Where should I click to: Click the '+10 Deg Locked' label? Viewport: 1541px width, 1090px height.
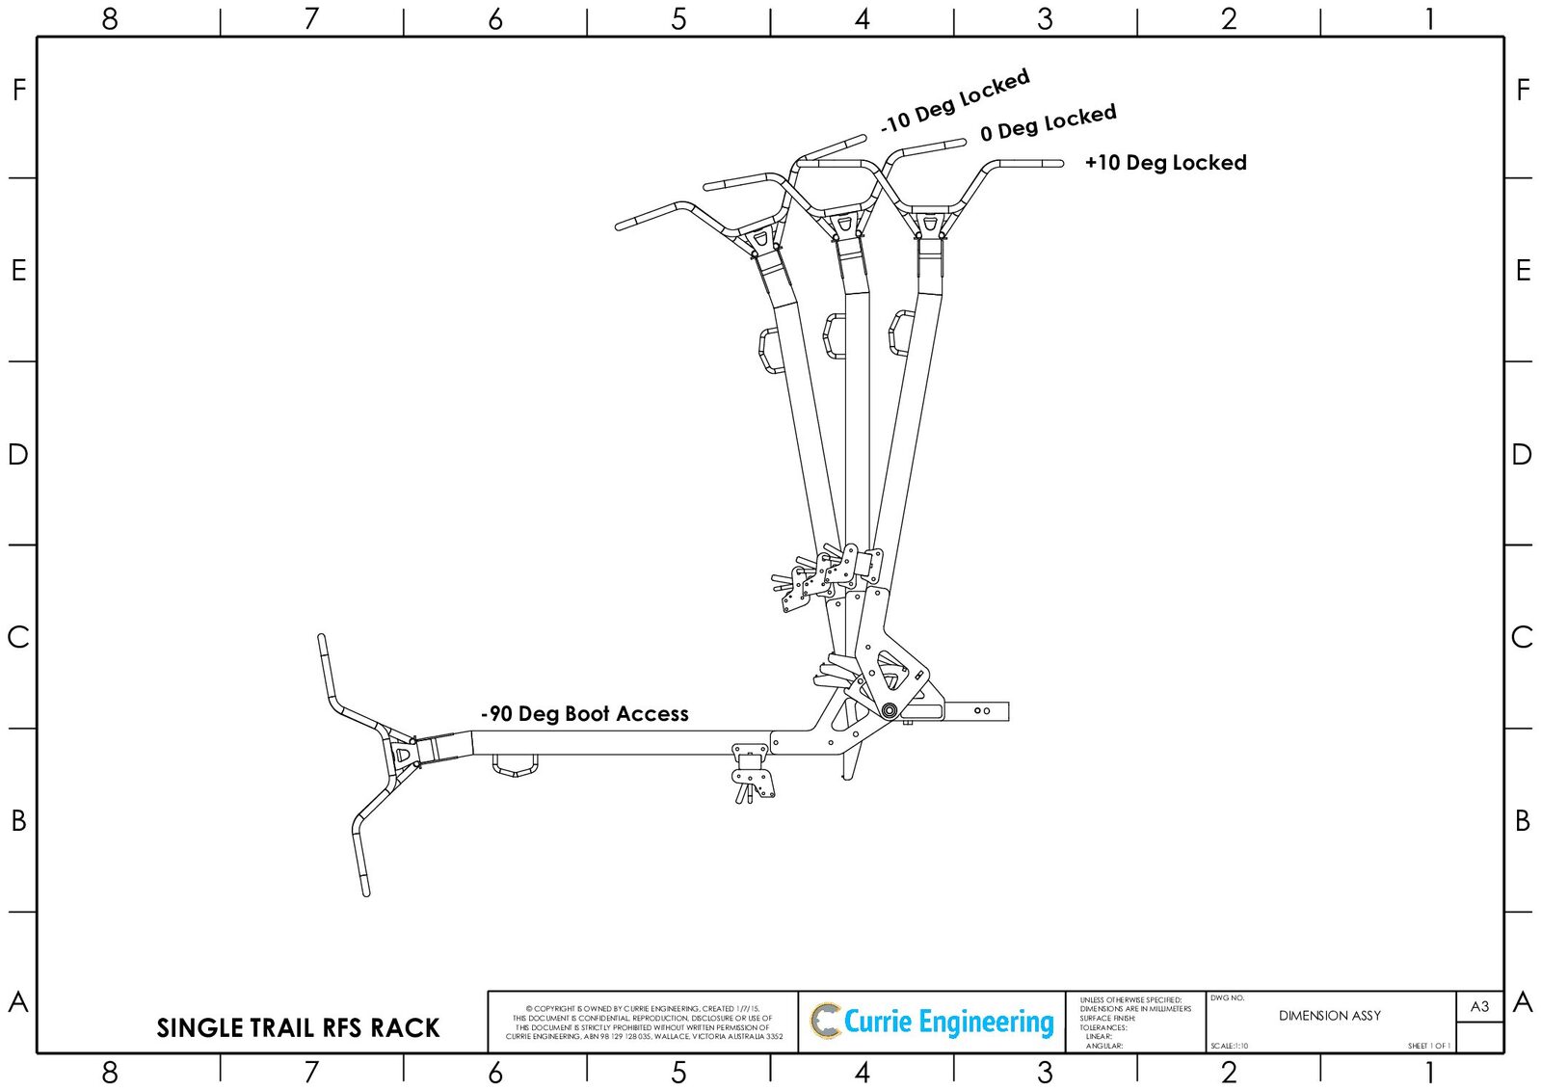[x=1165, y=163]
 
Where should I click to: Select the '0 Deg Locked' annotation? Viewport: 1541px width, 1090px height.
[x=1048, y=123]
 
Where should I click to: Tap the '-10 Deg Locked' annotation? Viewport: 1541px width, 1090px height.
[x=954, y=101]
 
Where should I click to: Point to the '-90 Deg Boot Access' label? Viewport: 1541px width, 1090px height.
[x=584, y=714]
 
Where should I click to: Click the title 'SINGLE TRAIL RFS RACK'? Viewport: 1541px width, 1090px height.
[x=298, y=1028]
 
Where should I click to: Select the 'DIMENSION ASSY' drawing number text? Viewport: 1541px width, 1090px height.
[x=1329, y=1016]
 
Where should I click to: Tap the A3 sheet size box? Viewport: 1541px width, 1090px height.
[x=1479, y=1006]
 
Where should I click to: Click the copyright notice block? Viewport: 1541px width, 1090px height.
[x=643, y=1023]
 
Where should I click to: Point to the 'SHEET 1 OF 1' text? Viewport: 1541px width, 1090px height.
[x=1428, y=1046]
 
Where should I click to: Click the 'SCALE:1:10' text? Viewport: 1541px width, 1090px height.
[x=1230, y=1046]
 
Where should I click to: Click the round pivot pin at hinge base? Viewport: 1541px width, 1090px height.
[x=888, y=711]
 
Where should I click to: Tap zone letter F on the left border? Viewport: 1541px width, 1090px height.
[x=18, y=90]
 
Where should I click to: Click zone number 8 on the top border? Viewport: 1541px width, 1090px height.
[x=109, y=18]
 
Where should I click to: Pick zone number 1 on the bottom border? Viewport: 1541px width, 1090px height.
[x=1429, y=1072]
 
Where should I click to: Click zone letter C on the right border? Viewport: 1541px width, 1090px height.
[x=1522, y=637]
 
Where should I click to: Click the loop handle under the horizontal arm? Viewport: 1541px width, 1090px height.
[x=515, y=767]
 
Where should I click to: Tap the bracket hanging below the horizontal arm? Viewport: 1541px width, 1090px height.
[x=751, y=771]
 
